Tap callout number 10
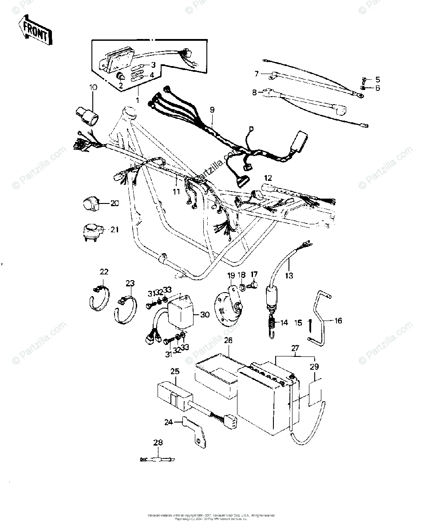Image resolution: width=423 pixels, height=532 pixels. (93, 87)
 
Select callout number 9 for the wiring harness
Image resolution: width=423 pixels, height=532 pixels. (212, 109)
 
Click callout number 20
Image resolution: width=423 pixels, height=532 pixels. (115, 203)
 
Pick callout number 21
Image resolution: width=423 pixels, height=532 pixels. (115, 230)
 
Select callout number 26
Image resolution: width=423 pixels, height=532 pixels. (228, 340)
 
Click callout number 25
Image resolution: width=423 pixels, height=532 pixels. (174, 371)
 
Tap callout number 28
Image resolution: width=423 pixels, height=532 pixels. (158, 442)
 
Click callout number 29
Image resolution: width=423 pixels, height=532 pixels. (315, 367)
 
